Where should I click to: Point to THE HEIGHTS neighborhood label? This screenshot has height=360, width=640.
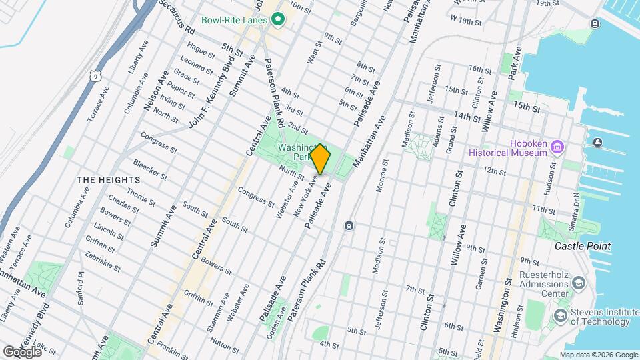click(108, 180)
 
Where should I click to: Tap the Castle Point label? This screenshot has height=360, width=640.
click(583, 246)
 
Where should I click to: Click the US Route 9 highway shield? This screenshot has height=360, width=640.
click(97, 77)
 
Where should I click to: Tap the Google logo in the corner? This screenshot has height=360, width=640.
click(21, 351)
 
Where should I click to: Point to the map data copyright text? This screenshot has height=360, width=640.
click(599, 355)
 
